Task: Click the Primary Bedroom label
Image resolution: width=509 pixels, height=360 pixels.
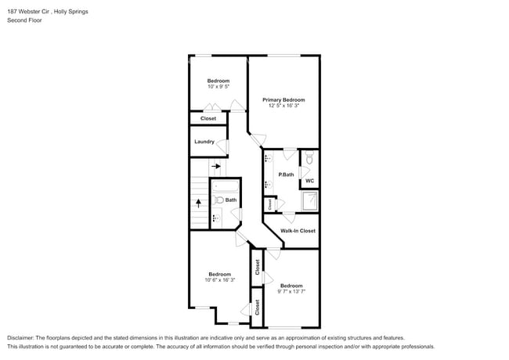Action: click(283, 100)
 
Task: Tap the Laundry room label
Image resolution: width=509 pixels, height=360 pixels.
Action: click(204, 142)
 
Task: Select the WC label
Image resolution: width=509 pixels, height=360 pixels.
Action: click(309, 181)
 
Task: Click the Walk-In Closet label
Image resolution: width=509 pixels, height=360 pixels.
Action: click(298, 231)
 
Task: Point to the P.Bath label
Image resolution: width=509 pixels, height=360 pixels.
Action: click(286, 175)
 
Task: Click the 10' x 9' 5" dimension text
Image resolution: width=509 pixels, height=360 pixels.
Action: click(218, 87)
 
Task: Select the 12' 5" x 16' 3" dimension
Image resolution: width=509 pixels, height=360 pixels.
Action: click(283, 106)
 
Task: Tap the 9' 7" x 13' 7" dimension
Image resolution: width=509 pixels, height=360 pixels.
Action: click(291, 292)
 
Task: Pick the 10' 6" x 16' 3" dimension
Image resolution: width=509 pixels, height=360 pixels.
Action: click(219, 280)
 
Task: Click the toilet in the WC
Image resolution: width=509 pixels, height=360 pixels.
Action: click(309, 159)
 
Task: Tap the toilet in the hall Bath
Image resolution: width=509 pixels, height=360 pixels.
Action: click(218, 200)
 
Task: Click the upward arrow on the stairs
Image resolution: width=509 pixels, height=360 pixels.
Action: click(198, 202)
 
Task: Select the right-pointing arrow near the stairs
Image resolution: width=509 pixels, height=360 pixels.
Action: click(216, 166)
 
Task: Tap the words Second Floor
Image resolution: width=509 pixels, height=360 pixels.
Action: click(25, 20)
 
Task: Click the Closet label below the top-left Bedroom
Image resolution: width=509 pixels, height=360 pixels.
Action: click(208, 119)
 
